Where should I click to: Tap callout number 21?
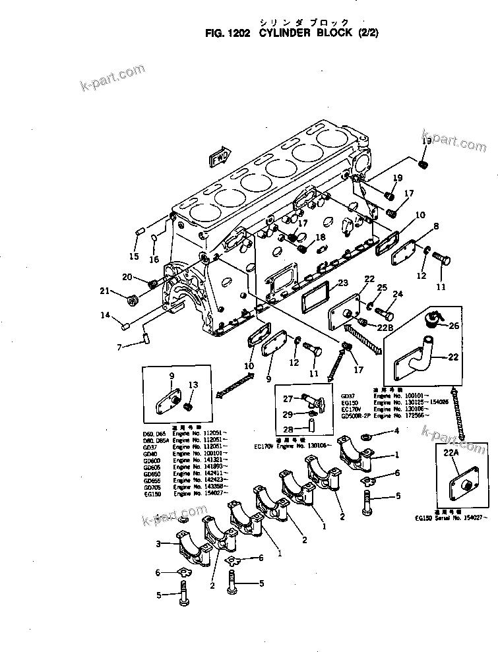(x=104, y=291)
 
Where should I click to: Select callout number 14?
(x=105, y=315)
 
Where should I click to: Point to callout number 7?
(x=119, y=347)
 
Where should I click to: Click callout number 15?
(x=134, y=256)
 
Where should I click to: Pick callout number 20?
(x=127, y=277)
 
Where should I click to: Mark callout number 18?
(x=321, y=238)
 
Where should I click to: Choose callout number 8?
(x=435, y=226)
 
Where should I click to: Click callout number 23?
(x=342, y=283)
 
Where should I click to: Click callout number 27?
(x=288, y=398)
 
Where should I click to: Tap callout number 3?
(x=159, y=544)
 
